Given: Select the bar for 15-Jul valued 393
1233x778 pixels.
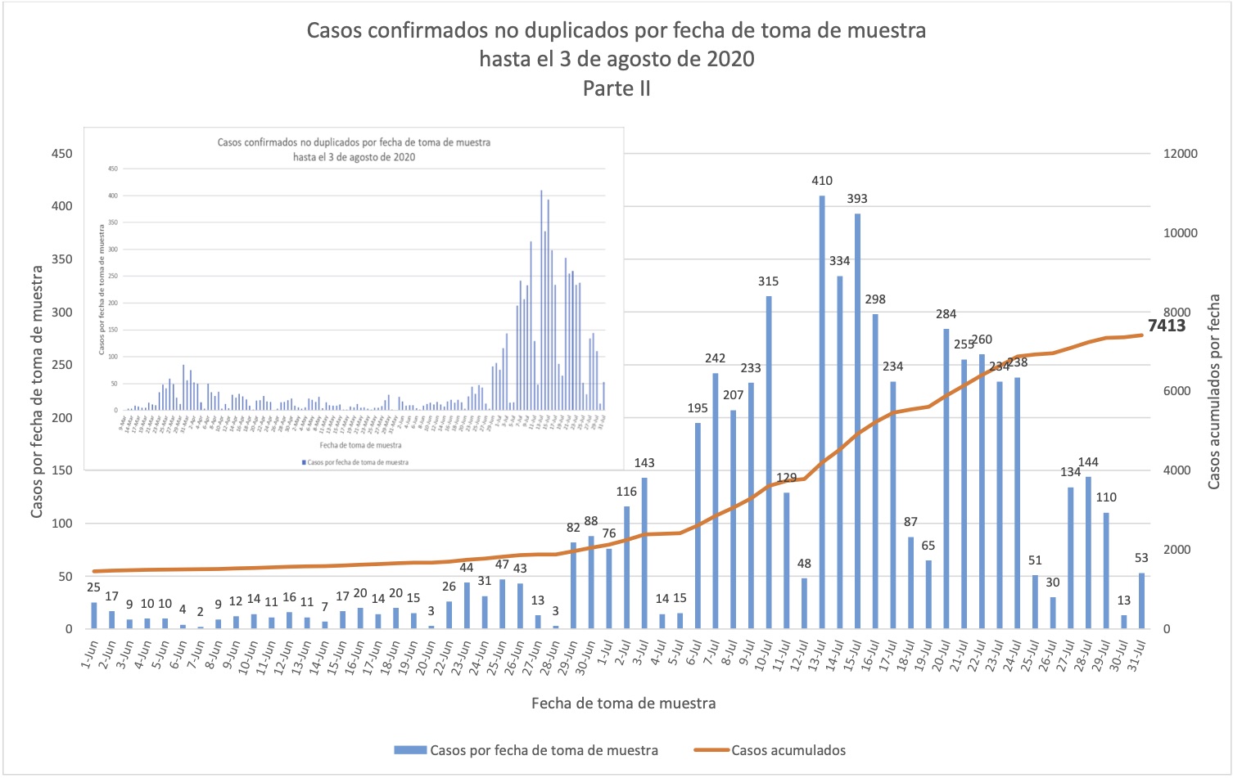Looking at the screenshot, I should coord(857,421).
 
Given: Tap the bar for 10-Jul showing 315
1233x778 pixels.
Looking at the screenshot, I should coord(769,462).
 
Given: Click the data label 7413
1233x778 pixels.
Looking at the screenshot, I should coord(1167,326).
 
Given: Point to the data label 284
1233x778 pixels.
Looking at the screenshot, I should coord(946,314).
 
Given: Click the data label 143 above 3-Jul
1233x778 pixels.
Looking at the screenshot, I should coord(644,463).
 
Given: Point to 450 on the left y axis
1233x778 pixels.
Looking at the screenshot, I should coord(62,154).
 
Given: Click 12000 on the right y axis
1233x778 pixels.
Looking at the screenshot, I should coord(1180,154).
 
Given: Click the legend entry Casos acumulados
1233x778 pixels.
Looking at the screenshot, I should coord(788,750).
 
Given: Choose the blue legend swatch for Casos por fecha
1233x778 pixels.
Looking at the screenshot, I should coord(410,750).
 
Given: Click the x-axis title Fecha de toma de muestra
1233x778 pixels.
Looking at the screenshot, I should coord(623,704).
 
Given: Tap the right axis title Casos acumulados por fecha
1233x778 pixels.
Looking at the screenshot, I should coord(1214,392).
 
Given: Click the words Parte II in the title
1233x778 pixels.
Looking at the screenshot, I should coord(616,88).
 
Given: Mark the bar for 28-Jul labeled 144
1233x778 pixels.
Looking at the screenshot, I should coord(1088,553).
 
